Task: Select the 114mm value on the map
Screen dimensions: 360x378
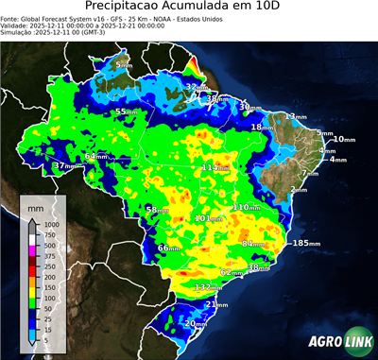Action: click(x=214, y=168)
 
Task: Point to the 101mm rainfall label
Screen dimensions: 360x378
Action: click(x=206, y=219)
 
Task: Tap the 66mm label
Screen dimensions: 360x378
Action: click(x=168, y=248)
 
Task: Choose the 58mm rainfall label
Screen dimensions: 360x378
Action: click(x=156, y=209)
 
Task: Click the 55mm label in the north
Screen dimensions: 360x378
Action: click(x=126, y=112)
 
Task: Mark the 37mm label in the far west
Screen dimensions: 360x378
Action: click(x=64, y=166)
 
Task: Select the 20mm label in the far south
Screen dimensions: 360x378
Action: click(x=195, y=324)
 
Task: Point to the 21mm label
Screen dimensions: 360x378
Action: click(x=216, y=304)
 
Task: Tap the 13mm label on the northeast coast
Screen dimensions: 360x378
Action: click(x=296, y=116)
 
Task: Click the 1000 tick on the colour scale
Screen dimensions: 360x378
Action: click(x=49, y=224)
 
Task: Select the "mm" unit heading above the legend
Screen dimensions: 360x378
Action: click(x=36, y=204)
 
